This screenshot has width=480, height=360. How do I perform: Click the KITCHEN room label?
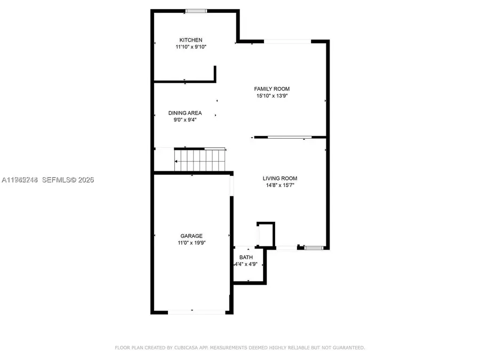pos(190,40)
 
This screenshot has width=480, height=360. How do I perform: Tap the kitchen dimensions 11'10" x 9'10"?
pos(190,47)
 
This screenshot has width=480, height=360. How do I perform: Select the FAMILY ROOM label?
pos(271,89)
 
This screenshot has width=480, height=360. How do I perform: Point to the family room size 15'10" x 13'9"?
pos(271,96)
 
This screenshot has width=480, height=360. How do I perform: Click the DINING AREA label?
pos(185,113)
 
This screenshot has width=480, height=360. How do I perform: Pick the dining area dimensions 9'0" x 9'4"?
pos(185,120)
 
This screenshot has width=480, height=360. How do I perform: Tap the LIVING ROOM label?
pos(279,179)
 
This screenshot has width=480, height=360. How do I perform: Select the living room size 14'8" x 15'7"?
pos(279,186)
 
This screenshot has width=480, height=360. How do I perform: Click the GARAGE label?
pos(191,236)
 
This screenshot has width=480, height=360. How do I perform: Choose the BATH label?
pos(246,258)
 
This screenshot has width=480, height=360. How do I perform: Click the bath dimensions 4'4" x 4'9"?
pos(247,264)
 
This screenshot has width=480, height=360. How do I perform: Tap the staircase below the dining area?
pos(200,159)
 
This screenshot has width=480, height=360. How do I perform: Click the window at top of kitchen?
pos(196,10)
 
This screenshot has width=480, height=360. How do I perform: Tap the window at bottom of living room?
pos(314,247)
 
